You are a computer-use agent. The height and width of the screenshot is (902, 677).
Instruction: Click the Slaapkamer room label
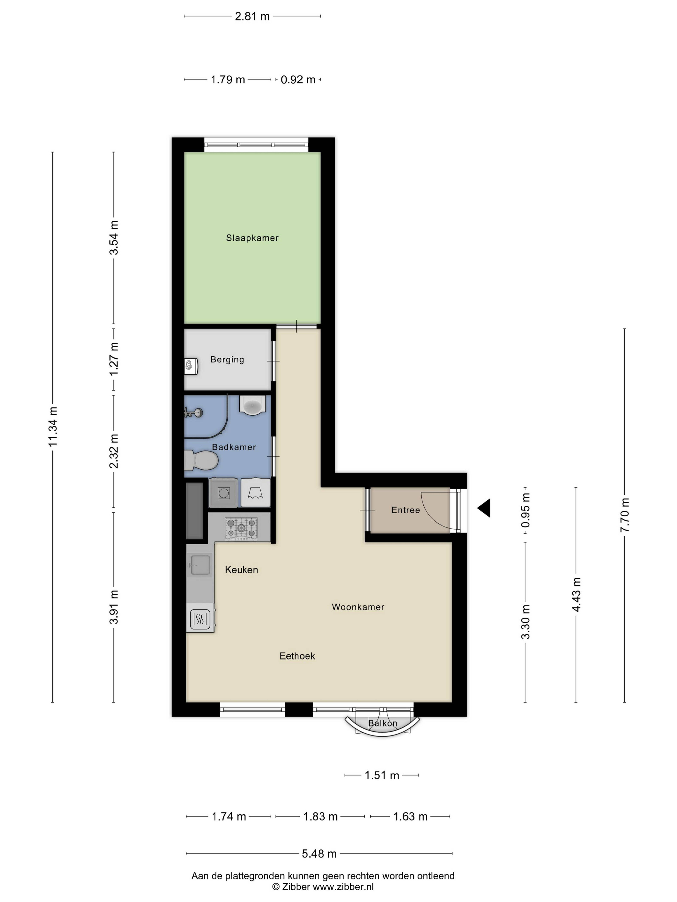[x=252, y=238]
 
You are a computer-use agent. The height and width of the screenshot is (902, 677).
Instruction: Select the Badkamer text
[x=234, y=447]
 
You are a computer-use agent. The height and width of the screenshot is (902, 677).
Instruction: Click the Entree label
[x=406, y=510]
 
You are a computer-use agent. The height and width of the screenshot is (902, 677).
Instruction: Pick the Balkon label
[x=382, y=723]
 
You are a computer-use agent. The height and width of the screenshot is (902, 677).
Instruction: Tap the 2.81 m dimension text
[x=252, y=16]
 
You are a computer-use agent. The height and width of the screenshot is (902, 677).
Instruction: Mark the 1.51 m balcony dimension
[x=382, y=775]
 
